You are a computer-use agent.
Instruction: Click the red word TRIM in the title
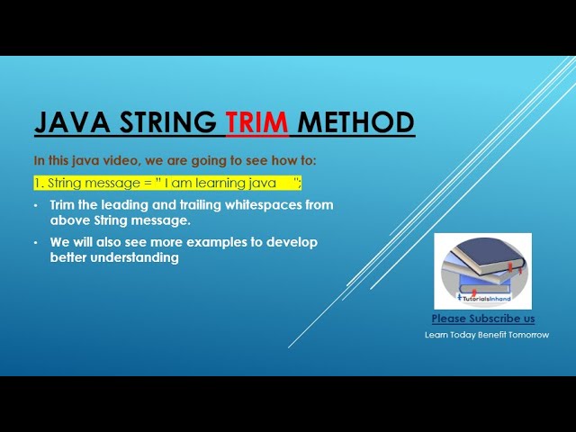[256, 122]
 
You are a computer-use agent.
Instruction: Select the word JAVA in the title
[68, 122]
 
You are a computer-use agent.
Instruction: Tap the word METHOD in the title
[355, 122]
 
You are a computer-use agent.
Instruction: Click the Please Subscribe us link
[482, 319]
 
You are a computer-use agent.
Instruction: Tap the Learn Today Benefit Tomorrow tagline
[487, 335]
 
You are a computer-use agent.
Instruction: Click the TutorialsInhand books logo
[482, 270]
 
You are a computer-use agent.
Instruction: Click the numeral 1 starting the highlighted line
[38, 183]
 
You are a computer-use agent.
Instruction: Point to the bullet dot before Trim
[36, 205]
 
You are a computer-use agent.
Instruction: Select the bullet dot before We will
[36, 243]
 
